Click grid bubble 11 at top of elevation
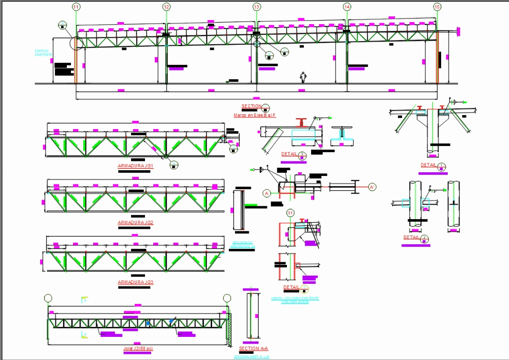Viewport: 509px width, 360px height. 76,7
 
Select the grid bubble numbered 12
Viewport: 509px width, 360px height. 166,7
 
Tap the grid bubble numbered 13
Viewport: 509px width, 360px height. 257,7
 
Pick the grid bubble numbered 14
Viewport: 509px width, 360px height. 347,7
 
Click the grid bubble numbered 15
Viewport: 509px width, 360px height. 437,7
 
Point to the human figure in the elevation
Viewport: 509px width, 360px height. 303,77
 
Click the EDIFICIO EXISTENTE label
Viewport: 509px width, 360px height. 42,53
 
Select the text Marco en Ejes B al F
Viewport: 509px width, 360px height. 254,116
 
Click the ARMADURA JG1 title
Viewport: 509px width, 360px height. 135,166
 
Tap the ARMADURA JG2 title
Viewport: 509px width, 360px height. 135,223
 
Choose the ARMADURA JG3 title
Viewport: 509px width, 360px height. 135,282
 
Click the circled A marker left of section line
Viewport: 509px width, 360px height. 267,193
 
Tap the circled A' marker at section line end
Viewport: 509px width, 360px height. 372,187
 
